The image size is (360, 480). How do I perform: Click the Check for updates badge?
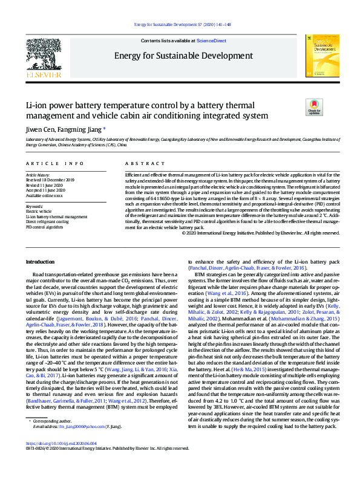coord(315,107)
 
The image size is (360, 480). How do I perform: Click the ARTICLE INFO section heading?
coord(55,164)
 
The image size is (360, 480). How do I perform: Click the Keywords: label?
coord(34,206)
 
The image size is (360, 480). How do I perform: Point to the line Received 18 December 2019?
coord(50,180)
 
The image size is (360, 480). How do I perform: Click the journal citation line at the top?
coord(180,25)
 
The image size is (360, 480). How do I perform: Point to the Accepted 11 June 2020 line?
coord(46,190)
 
